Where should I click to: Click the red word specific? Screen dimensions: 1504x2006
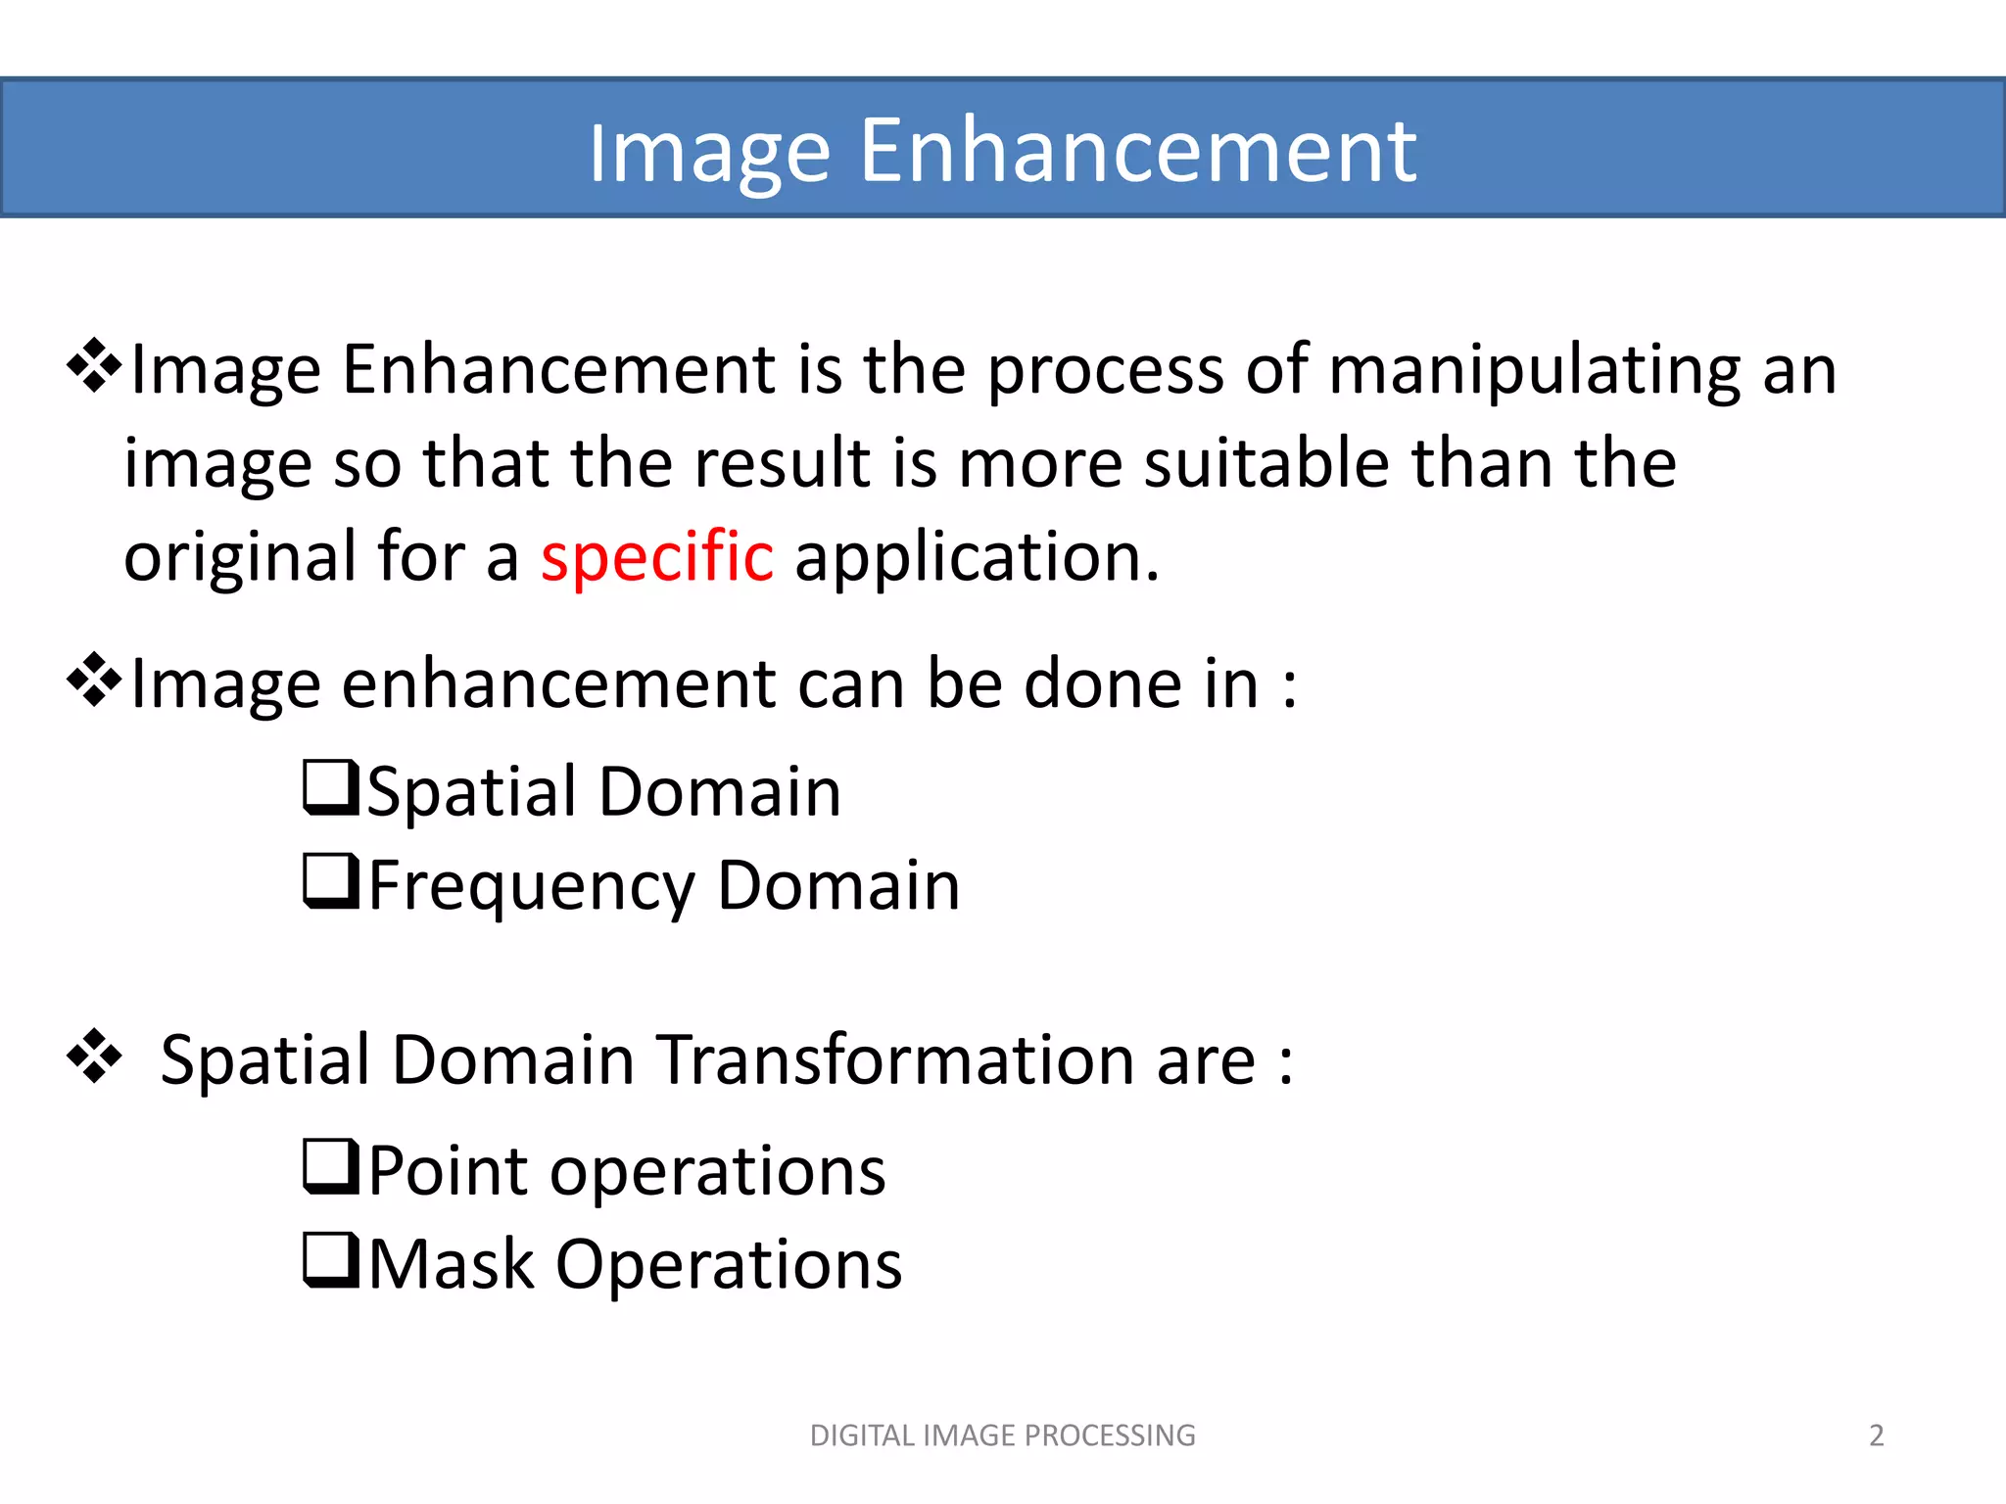[x=656, y=557]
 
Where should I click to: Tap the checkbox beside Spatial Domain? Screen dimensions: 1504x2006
[x=331, y=787]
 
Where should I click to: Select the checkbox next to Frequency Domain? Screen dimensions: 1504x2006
[x=331, y=881]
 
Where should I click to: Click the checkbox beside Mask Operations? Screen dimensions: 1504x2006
[x=331, y=1260]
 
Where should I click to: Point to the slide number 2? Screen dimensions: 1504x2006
[x=1876, y=1435]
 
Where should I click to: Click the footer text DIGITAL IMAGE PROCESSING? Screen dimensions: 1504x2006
[x=1002, y=1435]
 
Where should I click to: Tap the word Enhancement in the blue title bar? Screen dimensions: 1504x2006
[x=1137, y=151]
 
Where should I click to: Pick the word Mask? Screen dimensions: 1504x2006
[x=451, y=1264]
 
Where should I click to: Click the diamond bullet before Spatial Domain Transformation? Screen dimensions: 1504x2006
[x=94, y=1057]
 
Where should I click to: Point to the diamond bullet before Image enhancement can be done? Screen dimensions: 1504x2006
[x=94, y=680]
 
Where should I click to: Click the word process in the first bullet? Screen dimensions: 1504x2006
[x=1105, y=371]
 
